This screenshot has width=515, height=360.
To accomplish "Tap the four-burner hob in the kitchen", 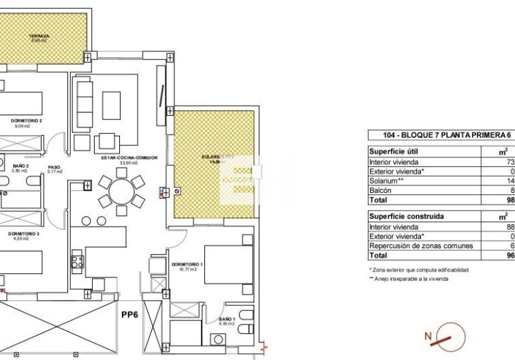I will (76, 262).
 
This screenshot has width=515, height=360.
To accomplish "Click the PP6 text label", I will (129, 314).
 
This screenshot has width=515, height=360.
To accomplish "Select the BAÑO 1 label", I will (226, 319).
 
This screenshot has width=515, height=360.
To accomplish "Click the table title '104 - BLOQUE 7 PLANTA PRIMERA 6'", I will (439, 134).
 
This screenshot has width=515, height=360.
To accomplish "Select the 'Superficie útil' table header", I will (392, 151).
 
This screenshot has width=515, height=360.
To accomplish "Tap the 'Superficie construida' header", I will (401, 217).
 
